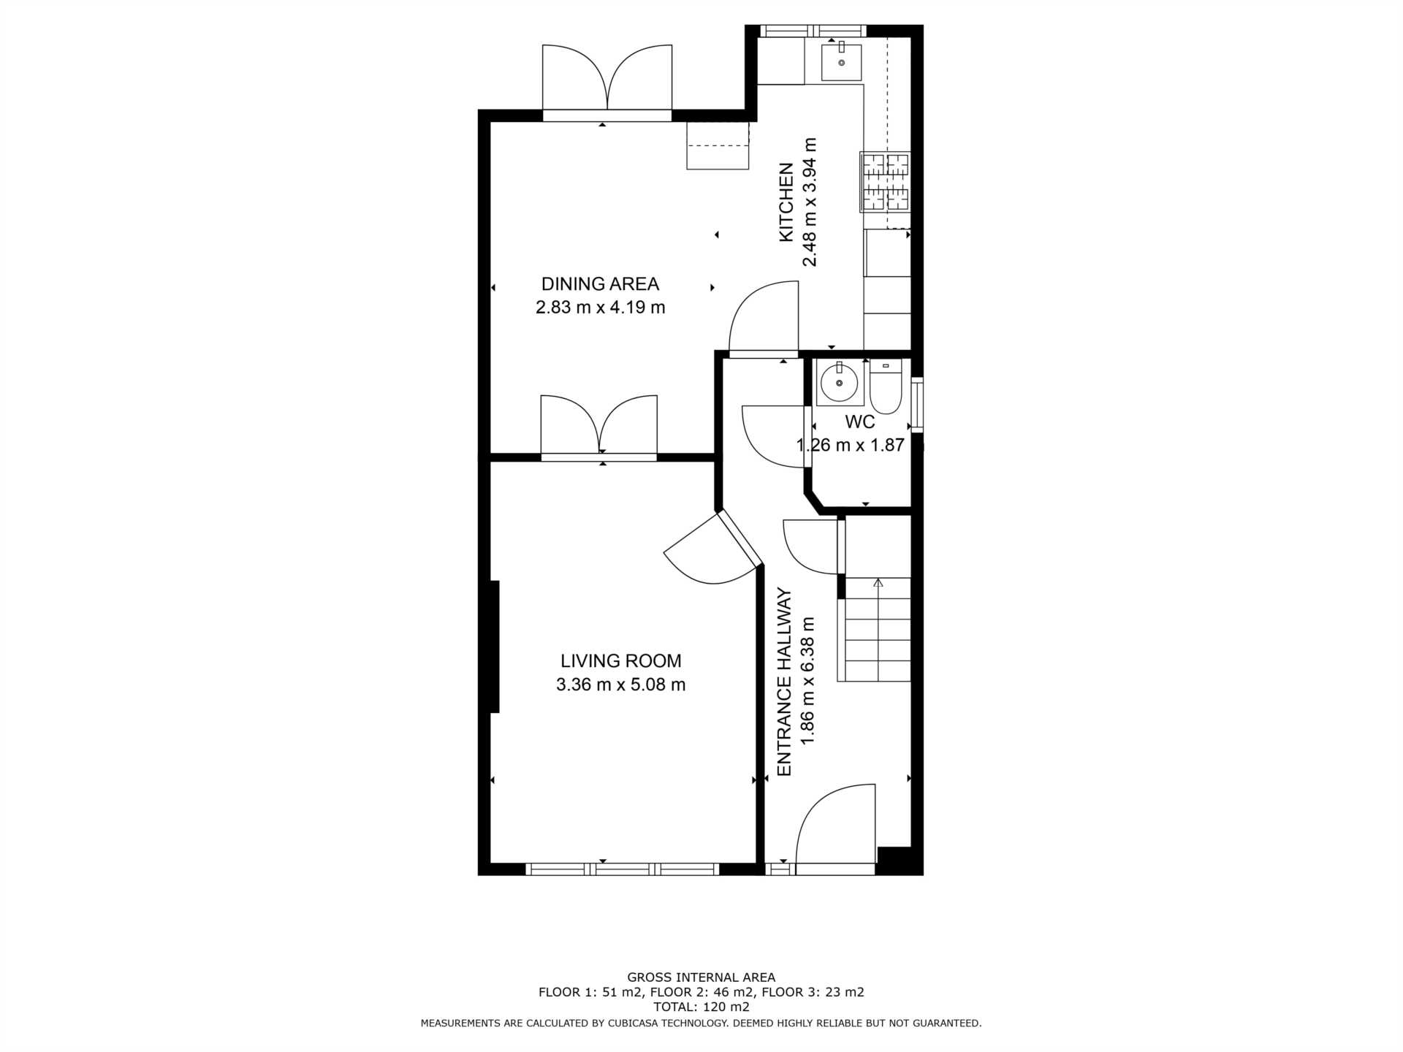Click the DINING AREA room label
pos(600,283)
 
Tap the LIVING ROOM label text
pos(620,661)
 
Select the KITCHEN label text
pos(786,202)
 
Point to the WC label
pos(859,422)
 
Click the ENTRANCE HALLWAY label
pos(784,682)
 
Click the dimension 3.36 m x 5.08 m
pos(620,685)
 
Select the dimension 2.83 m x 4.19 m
pos(600,307)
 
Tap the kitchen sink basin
pos(841,62)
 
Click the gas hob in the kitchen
pos(885,182)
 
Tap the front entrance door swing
pos(835,826)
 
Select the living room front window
pos(622,869)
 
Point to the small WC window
pos(918,405)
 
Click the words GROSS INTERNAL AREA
pos(701,977)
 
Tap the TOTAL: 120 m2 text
pos(701,1007)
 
